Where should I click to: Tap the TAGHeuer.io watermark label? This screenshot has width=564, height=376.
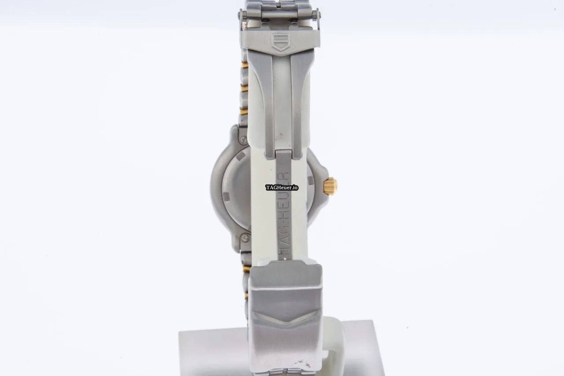point(282,188)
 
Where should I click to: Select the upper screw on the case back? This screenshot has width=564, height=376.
point(244,139)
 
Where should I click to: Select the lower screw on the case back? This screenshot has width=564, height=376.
point(244,237)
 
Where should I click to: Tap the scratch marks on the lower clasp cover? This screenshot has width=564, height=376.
point(302,363)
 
